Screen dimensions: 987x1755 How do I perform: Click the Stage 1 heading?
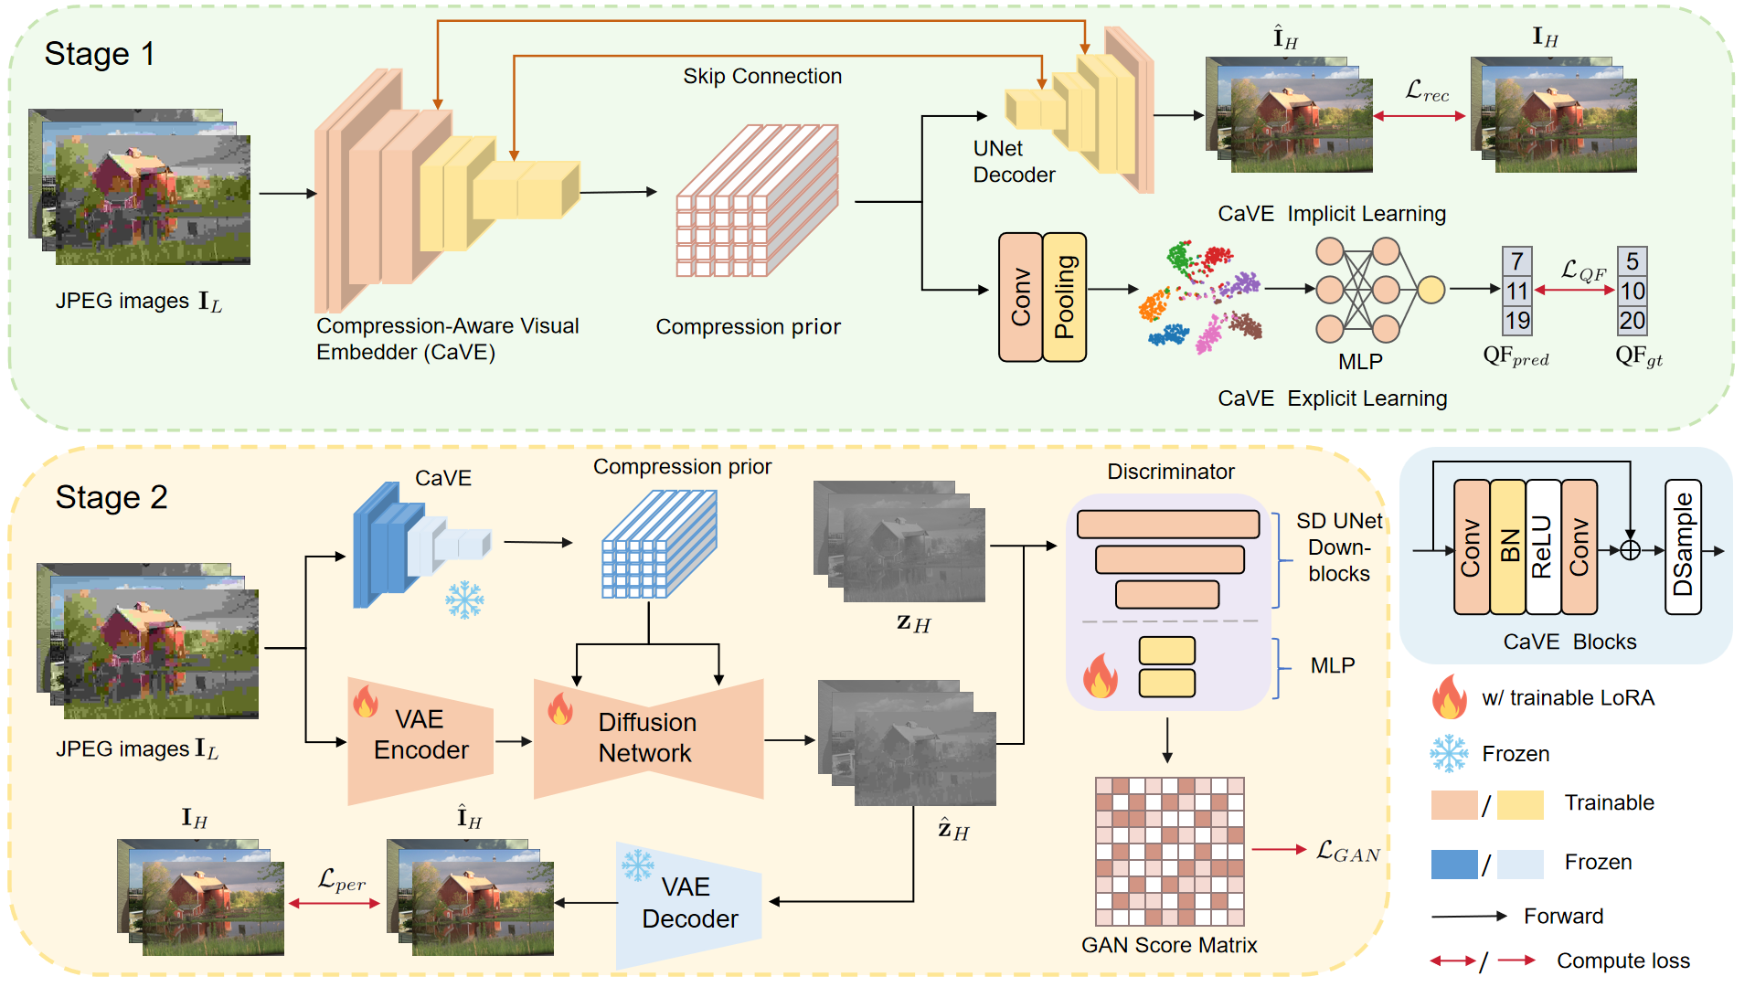coord(100,54)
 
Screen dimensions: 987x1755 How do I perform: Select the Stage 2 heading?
coord(112,497)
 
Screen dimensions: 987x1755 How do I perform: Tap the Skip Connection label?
coord(762,76)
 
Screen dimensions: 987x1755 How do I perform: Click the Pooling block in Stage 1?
coord(1065,297)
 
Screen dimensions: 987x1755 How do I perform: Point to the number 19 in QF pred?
coord(1517,321)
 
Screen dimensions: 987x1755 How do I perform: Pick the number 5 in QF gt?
coord(1632,262)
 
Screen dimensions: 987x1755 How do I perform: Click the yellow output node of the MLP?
coord(1431,290)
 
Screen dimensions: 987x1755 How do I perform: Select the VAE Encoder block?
coord(420,736)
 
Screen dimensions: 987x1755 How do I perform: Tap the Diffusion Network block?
coord(648,738)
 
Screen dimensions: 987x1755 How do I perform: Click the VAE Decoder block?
coord(689,903)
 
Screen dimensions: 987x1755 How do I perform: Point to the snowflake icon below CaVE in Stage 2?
coord(464,600)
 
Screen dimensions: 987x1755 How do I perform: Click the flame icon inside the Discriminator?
coord(1101,676)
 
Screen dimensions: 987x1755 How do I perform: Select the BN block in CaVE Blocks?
coord(1508,547)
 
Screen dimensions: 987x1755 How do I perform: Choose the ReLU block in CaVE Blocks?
coord(1543,547)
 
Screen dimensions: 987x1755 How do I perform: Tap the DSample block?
coord(1683,547)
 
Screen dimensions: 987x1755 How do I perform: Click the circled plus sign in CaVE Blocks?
coord(1630,550)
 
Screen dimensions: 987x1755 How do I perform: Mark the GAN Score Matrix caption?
coord(1169,945)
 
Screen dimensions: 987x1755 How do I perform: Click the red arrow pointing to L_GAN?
coord(1279,850)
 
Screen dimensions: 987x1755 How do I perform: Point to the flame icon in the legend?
coord(1449,696)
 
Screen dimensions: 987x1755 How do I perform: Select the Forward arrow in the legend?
coord(1469,916)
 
